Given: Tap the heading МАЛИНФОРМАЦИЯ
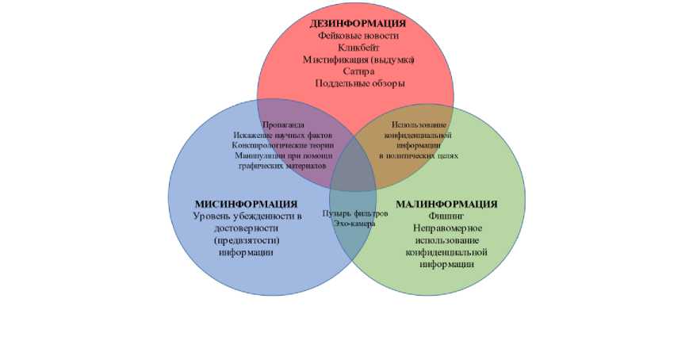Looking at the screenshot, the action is click(x=446, y=204).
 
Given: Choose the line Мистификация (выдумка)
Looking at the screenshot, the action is click(x=359, y=59).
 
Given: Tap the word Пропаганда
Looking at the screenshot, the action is click(x=282, y=124).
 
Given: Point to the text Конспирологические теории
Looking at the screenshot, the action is click(x=282, y=145).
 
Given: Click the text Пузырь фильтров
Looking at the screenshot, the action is click(x=354, y=214).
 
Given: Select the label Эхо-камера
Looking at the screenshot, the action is click(x=354, y=224).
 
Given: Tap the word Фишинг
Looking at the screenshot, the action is click(x=446, y=216).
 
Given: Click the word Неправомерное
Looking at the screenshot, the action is click(x=446, y=228).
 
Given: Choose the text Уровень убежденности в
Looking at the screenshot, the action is click(x=248, y=216).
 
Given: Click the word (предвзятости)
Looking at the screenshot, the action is click(x=247, y=239).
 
